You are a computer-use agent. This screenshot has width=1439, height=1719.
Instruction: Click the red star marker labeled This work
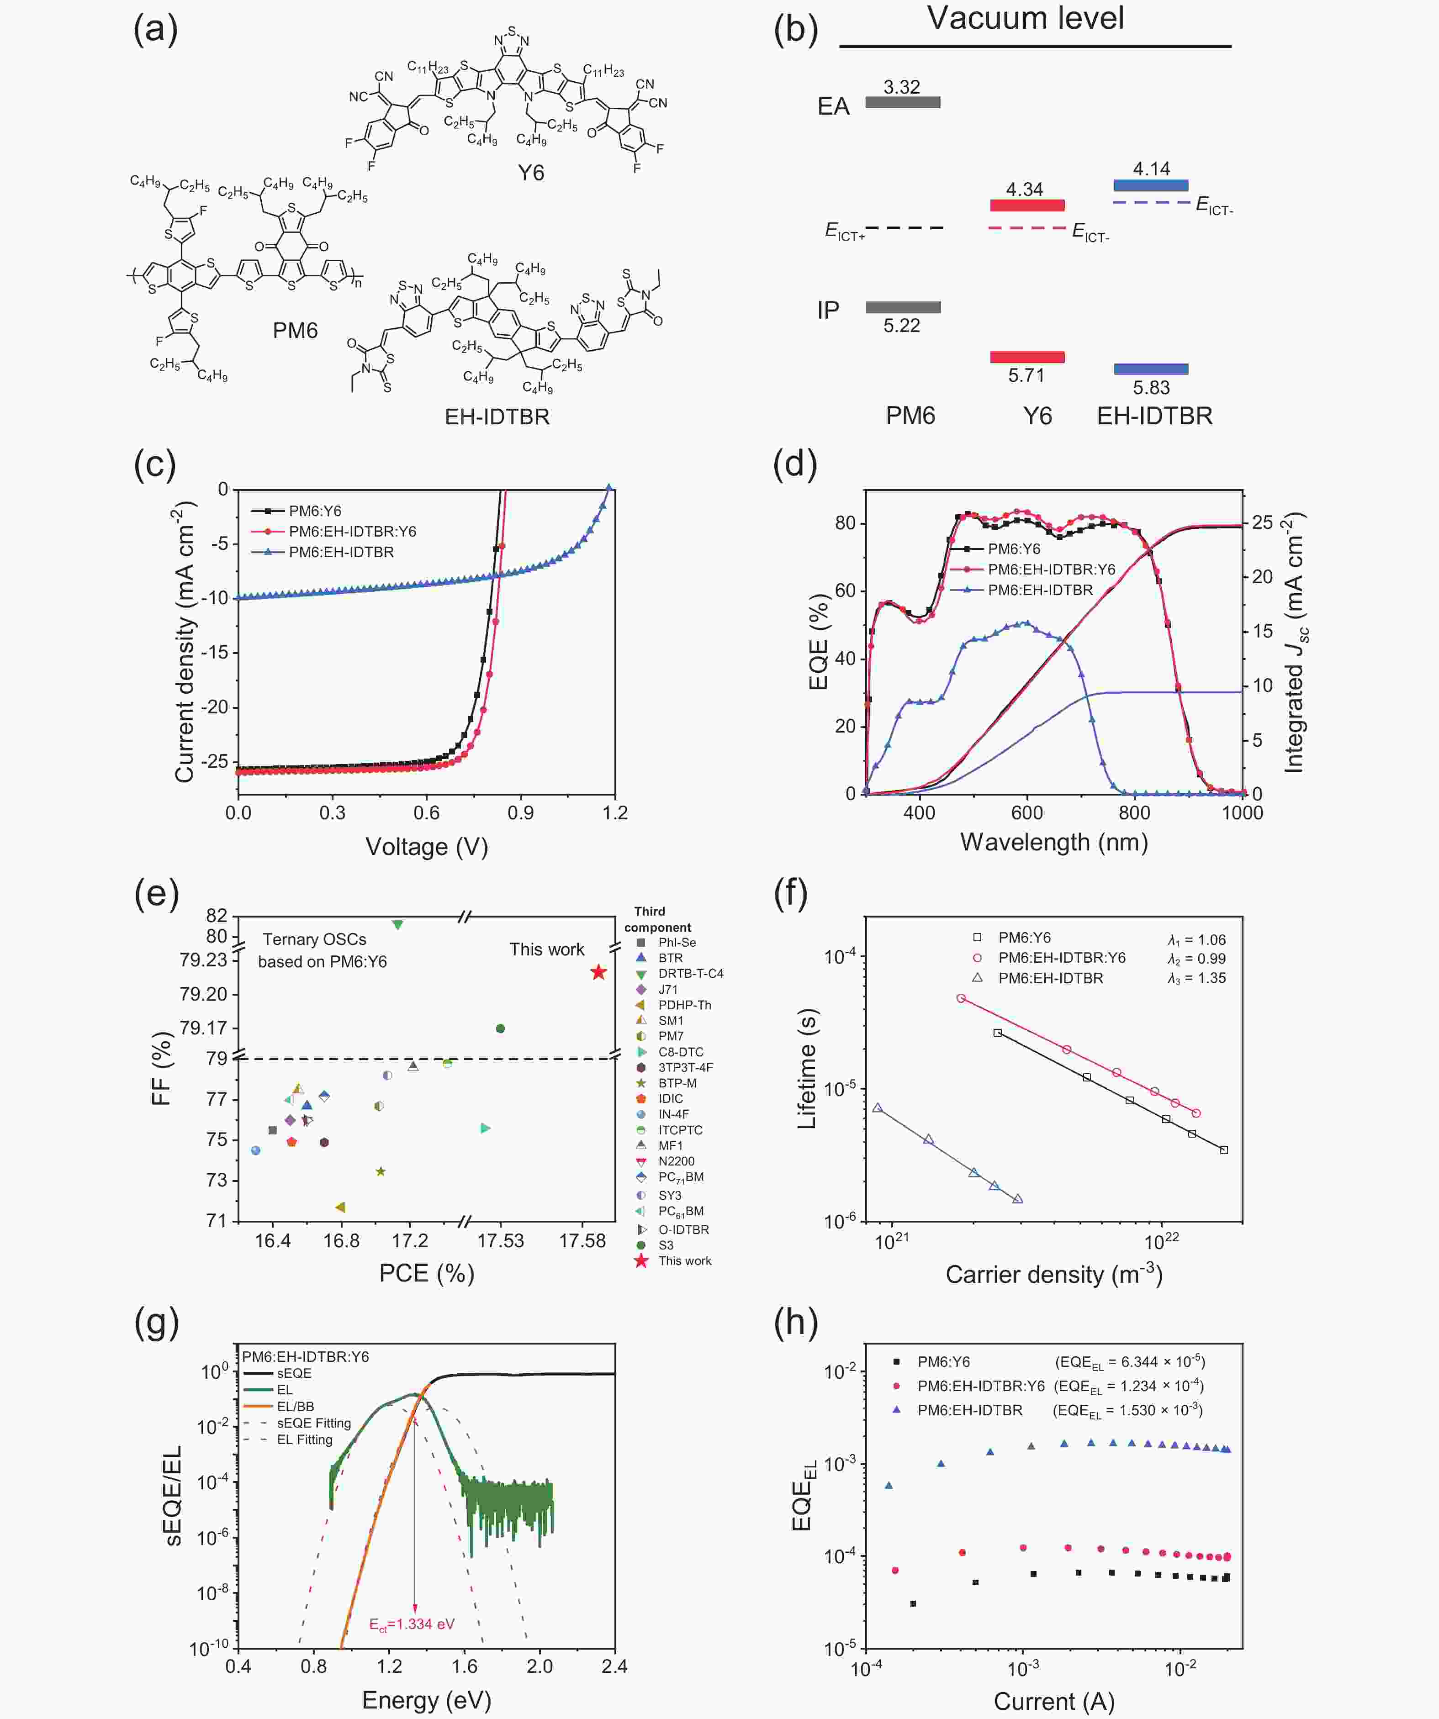[x=599, y=972]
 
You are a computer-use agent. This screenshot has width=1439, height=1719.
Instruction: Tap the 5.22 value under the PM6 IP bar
[x=902, y=326]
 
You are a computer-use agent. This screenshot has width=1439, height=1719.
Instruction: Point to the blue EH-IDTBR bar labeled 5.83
[x=1151, y=369]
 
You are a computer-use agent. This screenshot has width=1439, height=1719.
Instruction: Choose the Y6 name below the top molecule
[x=531, y=173]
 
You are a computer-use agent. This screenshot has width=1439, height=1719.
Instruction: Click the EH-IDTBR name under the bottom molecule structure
[x=497, y=417]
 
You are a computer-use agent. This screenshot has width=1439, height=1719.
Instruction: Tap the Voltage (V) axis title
[x=427, y=846]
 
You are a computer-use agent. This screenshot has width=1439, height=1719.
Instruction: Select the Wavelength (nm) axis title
[x=1054, y=842]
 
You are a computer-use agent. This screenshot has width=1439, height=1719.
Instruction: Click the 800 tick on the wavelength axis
[x=1134, y=813]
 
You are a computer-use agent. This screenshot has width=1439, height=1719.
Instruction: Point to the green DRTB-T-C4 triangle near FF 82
[x=398, y=925]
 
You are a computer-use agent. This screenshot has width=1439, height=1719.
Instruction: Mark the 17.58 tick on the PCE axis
[x=582, y=1241]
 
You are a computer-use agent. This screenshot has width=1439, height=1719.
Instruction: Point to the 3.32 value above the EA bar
[x=902, y=87]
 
